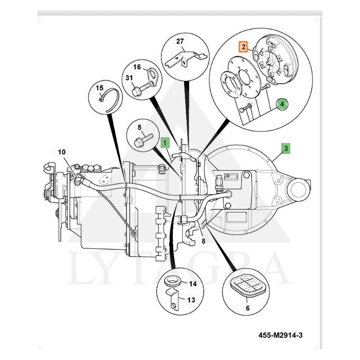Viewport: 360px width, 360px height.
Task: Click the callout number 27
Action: coord(180,41)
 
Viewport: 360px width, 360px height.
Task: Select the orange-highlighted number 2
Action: coord(243,46)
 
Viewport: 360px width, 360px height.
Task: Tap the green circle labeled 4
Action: coord(282,104)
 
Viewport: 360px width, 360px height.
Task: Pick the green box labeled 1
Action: coord(165,143)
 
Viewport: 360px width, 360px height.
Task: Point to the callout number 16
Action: coord(137,67)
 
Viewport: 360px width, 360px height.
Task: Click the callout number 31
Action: coord(129,78)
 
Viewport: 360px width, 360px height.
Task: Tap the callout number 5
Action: coord(139,128)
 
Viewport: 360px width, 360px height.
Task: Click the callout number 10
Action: coord(62,151)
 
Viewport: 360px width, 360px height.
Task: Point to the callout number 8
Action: coord(203,241)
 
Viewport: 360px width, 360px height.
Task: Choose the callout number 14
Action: coord(193,284)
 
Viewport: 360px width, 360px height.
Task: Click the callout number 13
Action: coord(192,300)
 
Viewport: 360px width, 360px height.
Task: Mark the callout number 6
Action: coord(247,308)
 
